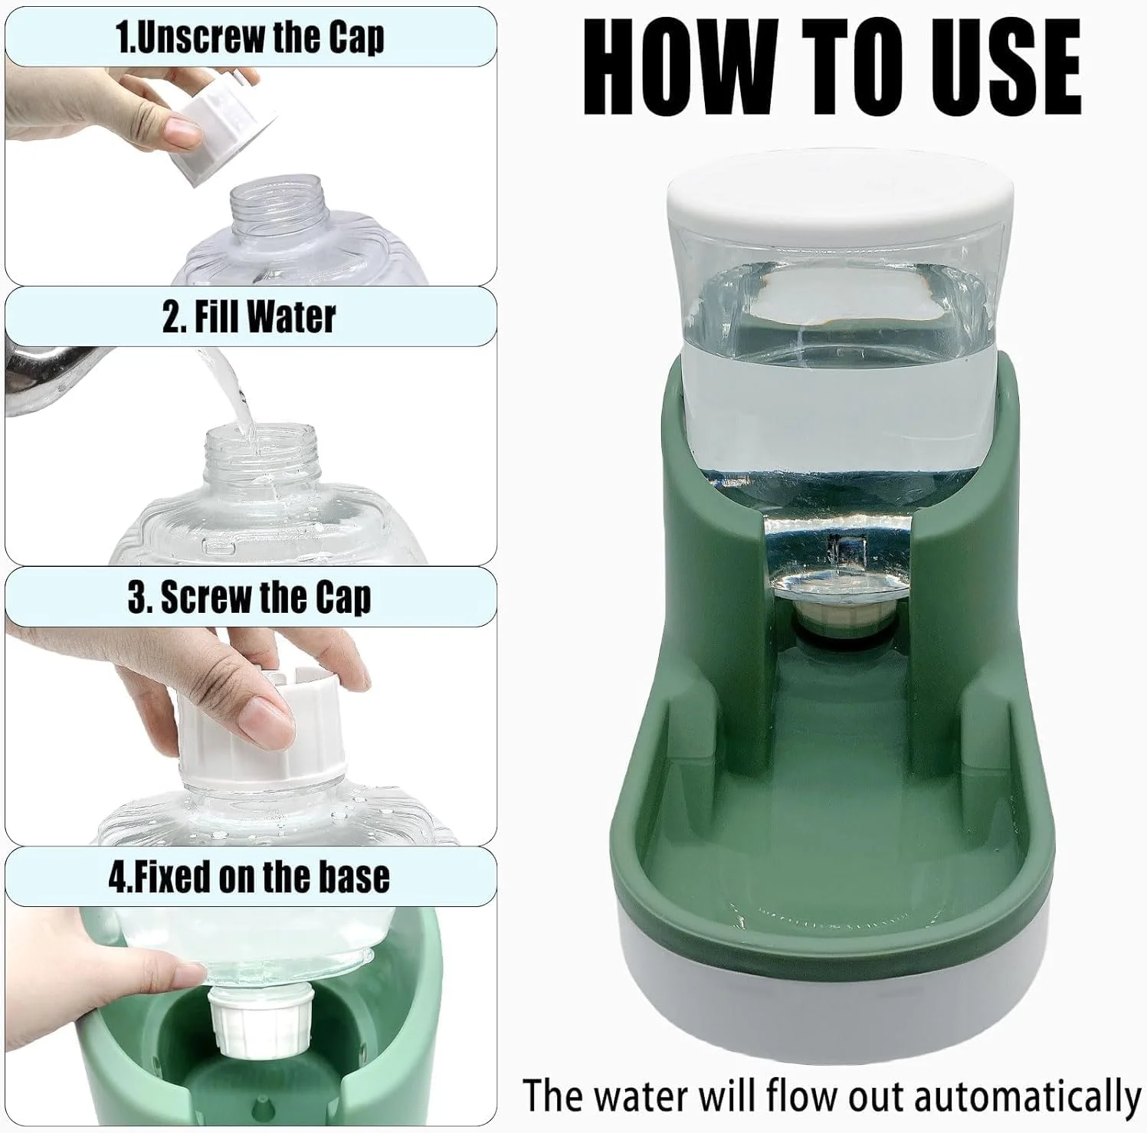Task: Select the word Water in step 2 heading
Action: click(x=291, y=316)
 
